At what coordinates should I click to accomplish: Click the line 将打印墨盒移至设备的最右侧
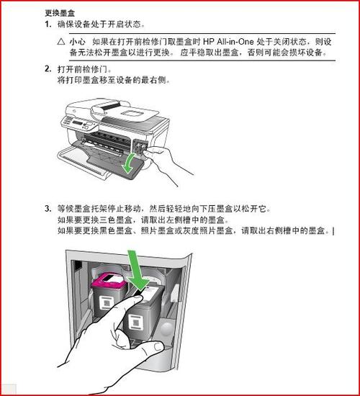[x=114, y=81]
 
